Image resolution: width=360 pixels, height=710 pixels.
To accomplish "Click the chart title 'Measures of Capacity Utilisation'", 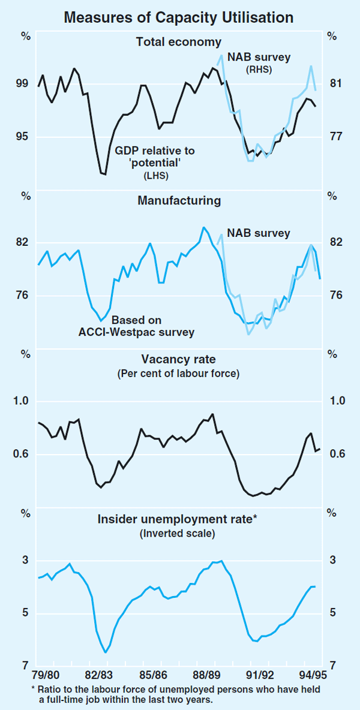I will (x=179, y=17).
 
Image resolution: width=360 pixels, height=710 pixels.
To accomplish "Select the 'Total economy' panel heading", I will (x=179, y=42).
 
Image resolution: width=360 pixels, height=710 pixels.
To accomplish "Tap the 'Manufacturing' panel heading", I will (x=179, y=201).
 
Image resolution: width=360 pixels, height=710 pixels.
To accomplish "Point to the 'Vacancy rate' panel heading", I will (x=178, y=360).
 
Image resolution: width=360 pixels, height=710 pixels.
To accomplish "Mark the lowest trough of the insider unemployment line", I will (x=105, y=652).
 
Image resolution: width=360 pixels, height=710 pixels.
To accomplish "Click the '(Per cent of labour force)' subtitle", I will (x=178, y=374).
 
